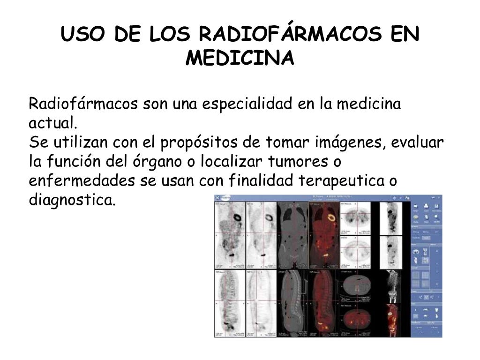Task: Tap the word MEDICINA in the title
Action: [x=240, y=59]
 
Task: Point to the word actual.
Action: [x=52, y=124]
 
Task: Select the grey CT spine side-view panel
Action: [x=293, y=302]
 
